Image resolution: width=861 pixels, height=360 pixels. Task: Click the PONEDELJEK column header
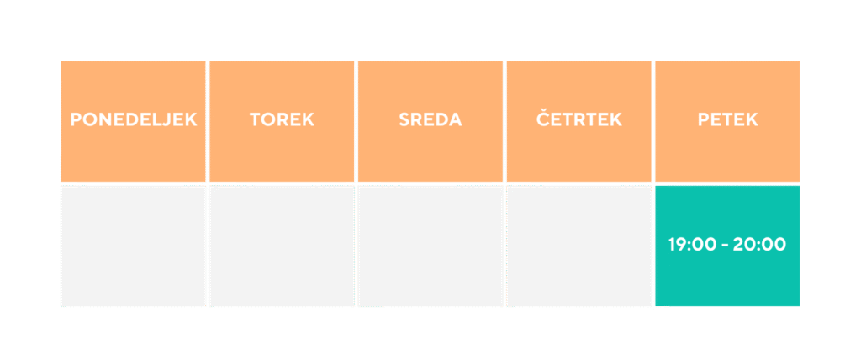point(134,121)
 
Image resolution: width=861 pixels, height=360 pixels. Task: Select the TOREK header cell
point(282,121)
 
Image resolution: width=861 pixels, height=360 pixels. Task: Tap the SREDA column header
point(430,121)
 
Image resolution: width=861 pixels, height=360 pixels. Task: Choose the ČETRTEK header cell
point(578,121)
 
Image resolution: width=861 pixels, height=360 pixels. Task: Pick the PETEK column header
point(727,121)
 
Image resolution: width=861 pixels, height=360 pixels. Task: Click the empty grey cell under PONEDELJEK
point(134,246)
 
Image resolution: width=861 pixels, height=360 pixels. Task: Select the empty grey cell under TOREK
point(282,246)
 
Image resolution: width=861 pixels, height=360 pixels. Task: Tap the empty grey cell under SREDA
point(430,246)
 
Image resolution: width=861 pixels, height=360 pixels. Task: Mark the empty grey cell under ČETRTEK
point(578,246)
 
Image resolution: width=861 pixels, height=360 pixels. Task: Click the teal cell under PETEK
point(727,246)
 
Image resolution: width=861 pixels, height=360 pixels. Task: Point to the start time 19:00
point(693,245)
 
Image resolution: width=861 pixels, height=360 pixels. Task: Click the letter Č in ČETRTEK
point(542,118)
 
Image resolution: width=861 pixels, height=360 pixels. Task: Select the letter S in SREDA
point(404,119)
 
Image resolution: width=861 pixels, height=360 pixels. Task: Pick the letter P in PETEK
point(704,119)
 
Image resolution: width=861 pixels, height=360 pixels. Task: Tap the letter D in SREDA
point(442,119)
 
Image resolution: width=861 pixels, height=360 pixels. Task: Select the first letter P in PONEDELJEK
point(76,119)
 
